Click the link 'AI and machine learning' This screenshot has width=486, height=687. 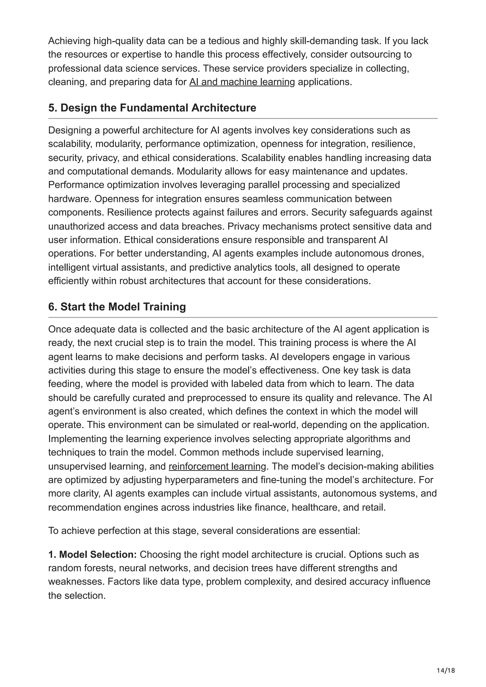point(242,82)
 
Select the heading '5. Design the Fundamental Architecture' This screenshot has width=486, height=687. point(152,108)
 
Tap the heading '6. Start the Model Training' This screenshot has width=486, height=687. point(117,307)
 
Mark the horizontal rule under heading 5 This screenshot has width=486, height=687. point(243,119)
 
